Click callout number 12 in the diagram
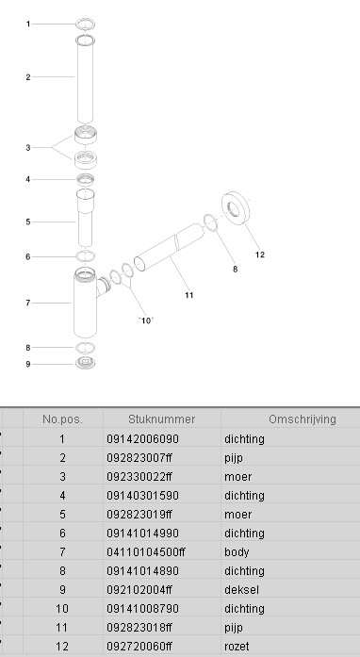260,255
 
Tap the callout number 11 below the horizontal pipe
189,295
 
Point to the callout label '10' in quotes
146,320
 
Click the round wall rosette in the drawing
236,208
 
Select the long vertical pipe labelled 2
85,79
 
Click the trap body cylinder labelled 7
85,303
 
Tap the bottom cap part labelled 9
85,363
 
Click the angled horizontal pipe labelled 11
169,247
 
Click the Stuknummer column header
162,419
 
